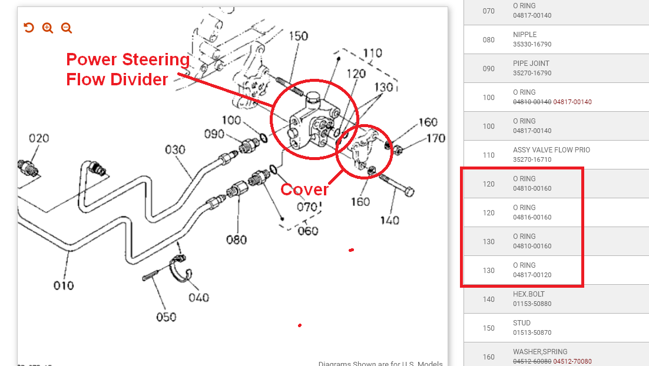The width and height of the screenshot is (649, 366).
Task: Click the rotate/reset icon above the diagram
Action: tap(28, 28)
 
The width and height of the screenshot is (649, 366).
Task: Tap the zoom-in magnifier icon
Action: tap(48, 28)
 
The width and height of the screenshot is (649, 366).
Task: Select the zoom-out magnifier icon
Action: tap(66, 28)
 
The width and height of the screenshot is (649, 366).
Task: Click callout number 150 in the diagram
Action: tap(299, 36)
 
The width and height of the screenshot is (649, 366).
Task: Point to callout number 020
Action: tap(39, 138)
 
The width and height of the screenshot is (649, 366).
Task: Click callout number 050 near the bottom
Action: tap(166, 317)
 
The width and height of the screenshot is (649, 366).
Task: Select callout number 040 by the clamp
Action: tap(198, 297)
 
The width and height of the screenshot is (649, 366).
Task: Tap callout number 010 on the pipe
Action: tap(64, 285)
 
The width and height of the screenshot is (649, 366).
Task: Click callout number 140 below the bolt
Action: tap(389, 221)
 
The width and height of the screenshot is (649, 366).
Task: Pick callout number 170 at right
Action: tap(436, 138)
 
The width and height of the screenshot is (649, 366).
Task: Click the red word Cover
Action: tap(304, 189)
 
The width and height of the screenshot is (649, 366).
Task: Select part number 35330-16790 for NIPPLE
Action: tap(532, 44)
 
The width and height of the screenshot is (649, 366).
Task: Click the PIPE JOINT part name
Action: tap(531, 64)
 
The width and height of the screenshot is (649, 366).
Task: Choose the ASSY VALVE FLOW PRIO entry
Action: tap(552, 149)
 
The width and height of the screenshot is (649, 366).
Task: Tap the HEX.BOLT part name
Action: tap(529, 294)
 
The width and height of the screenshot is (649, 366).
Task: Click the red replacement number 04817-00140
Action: tap(572, 102)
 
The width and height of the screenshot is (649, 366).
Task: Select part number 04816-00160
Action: tap(532, 217)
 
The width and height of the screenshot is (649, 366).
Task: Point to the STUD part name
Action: tap(522, 323)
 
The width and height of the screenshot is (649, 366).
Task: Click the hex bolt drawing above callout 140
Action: tap(396, 185)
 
